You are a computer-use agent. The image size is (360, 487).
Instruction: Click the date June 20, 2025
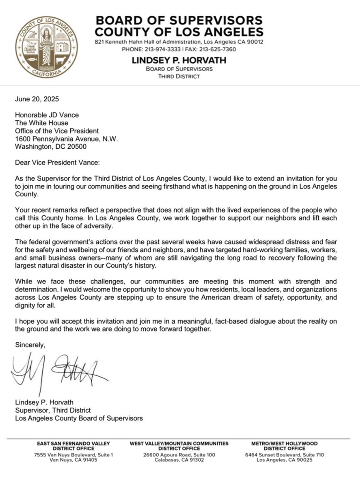point(37,99)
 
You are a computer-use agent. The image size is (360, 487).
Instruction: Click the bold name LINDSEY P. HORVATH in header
point(179,60)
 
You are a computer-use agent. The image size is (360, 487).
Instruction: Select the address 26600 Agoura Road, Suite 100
point(179,455)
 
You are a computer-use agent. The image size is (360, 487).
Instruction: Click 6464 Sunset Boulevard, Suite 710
point(285,455)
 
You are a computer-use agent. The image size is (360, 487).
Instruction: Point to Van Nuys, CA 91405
point(74,460)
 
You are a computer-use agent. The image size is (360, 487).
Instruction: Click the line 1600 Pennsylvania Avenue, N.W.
point(67,138)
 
